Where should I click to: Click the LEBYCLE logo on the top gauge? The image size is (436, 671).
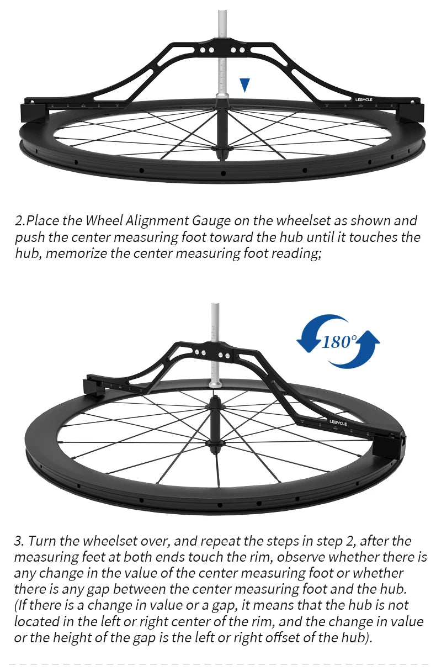tap(364, 100)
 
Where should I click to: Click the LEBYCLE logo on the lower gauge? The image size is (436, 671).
tap(338, 422)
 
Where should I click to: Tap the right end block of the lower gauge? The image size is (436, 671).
tap(389, 447)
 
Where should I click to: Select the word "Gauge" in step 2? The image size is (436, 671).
tap(211, 221)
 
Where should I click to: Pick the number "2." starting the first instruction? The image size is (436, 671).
tap(20, 221)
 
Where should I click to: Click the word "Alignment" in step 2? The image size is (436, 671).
tap(157, 221)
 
